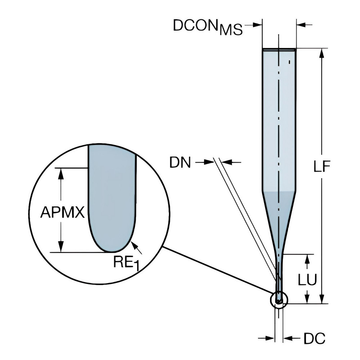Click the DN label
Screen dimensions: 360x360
180,163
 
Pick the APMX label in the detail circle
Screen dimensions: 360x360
62,213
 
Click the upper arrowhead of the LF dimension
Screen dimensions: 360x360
322,53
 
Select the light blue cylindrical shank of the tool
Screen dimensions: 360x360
279,119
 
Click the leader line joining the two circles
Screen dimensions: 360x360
216,269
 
